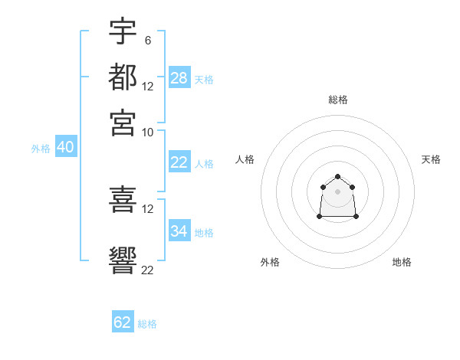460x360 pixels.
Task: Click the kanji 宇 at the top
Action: coord(123,32)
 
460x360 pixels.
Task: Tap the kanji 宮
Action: coord(123,123)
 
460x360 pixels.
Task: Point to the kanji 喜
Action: coord(123,199)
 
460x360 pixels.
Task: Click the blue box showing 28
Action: coord(179,78)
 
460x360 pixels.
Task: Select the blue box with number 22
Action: coord(179,162)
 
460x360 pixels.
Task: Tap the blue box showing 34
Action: coord(179,231)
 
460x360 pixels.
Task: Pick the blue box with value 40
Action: coord(65,148)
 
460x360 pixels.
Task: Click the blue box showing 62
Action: coord(123,322)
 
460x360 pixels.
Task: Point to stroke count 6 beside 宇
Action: coord(147,40)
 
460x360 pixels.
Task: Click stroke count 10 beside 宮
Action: coord(147,132)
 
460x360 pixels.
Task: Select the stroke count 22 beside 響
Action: coord(147,270)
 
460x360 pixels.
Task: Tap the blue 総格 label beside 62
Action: coord(147,324)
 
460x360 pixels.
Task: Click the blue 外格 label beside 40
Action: coord(41,149)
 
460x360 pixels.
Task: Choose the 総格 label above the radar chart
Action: coord(338,100)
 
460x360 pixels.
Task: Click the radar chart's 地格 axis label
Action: coord(402,262)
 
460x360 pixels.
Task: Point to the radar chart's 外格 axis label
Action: coord(270,262)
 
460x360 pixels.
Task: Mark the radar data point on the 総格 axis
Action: coord(338,178)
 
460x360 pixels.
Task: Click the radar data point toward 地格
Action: coord(356,217)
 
